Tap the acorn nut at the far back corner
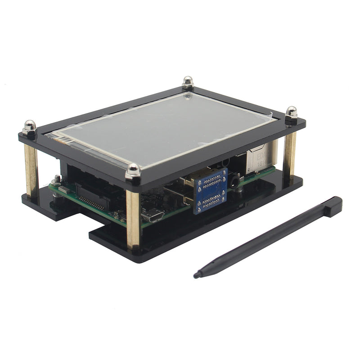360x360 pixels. click(188, 82)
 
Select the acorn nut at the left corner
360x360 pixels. click(30, 126)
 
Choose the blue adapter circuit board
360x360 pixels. click(210, 190)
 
